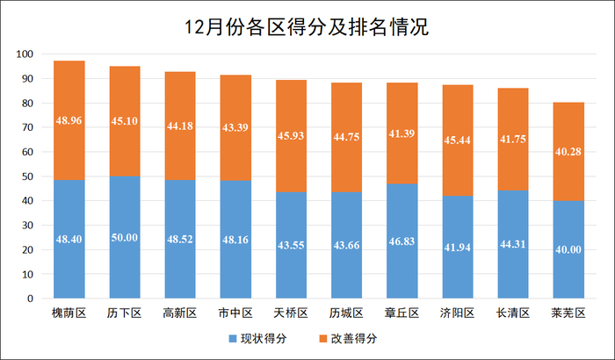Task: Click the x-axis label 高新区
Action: (180, 313)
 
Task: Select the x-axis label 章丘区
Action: (402, 313)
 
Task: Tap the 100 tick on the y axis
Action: (25, 54)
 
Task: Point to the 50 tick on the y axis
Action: (27, 176)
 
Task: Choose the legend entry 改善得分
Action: (350, 338)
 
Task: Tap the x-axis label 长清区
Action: (513, 313)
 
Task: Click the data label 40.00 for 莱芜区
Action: (568, 250)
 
